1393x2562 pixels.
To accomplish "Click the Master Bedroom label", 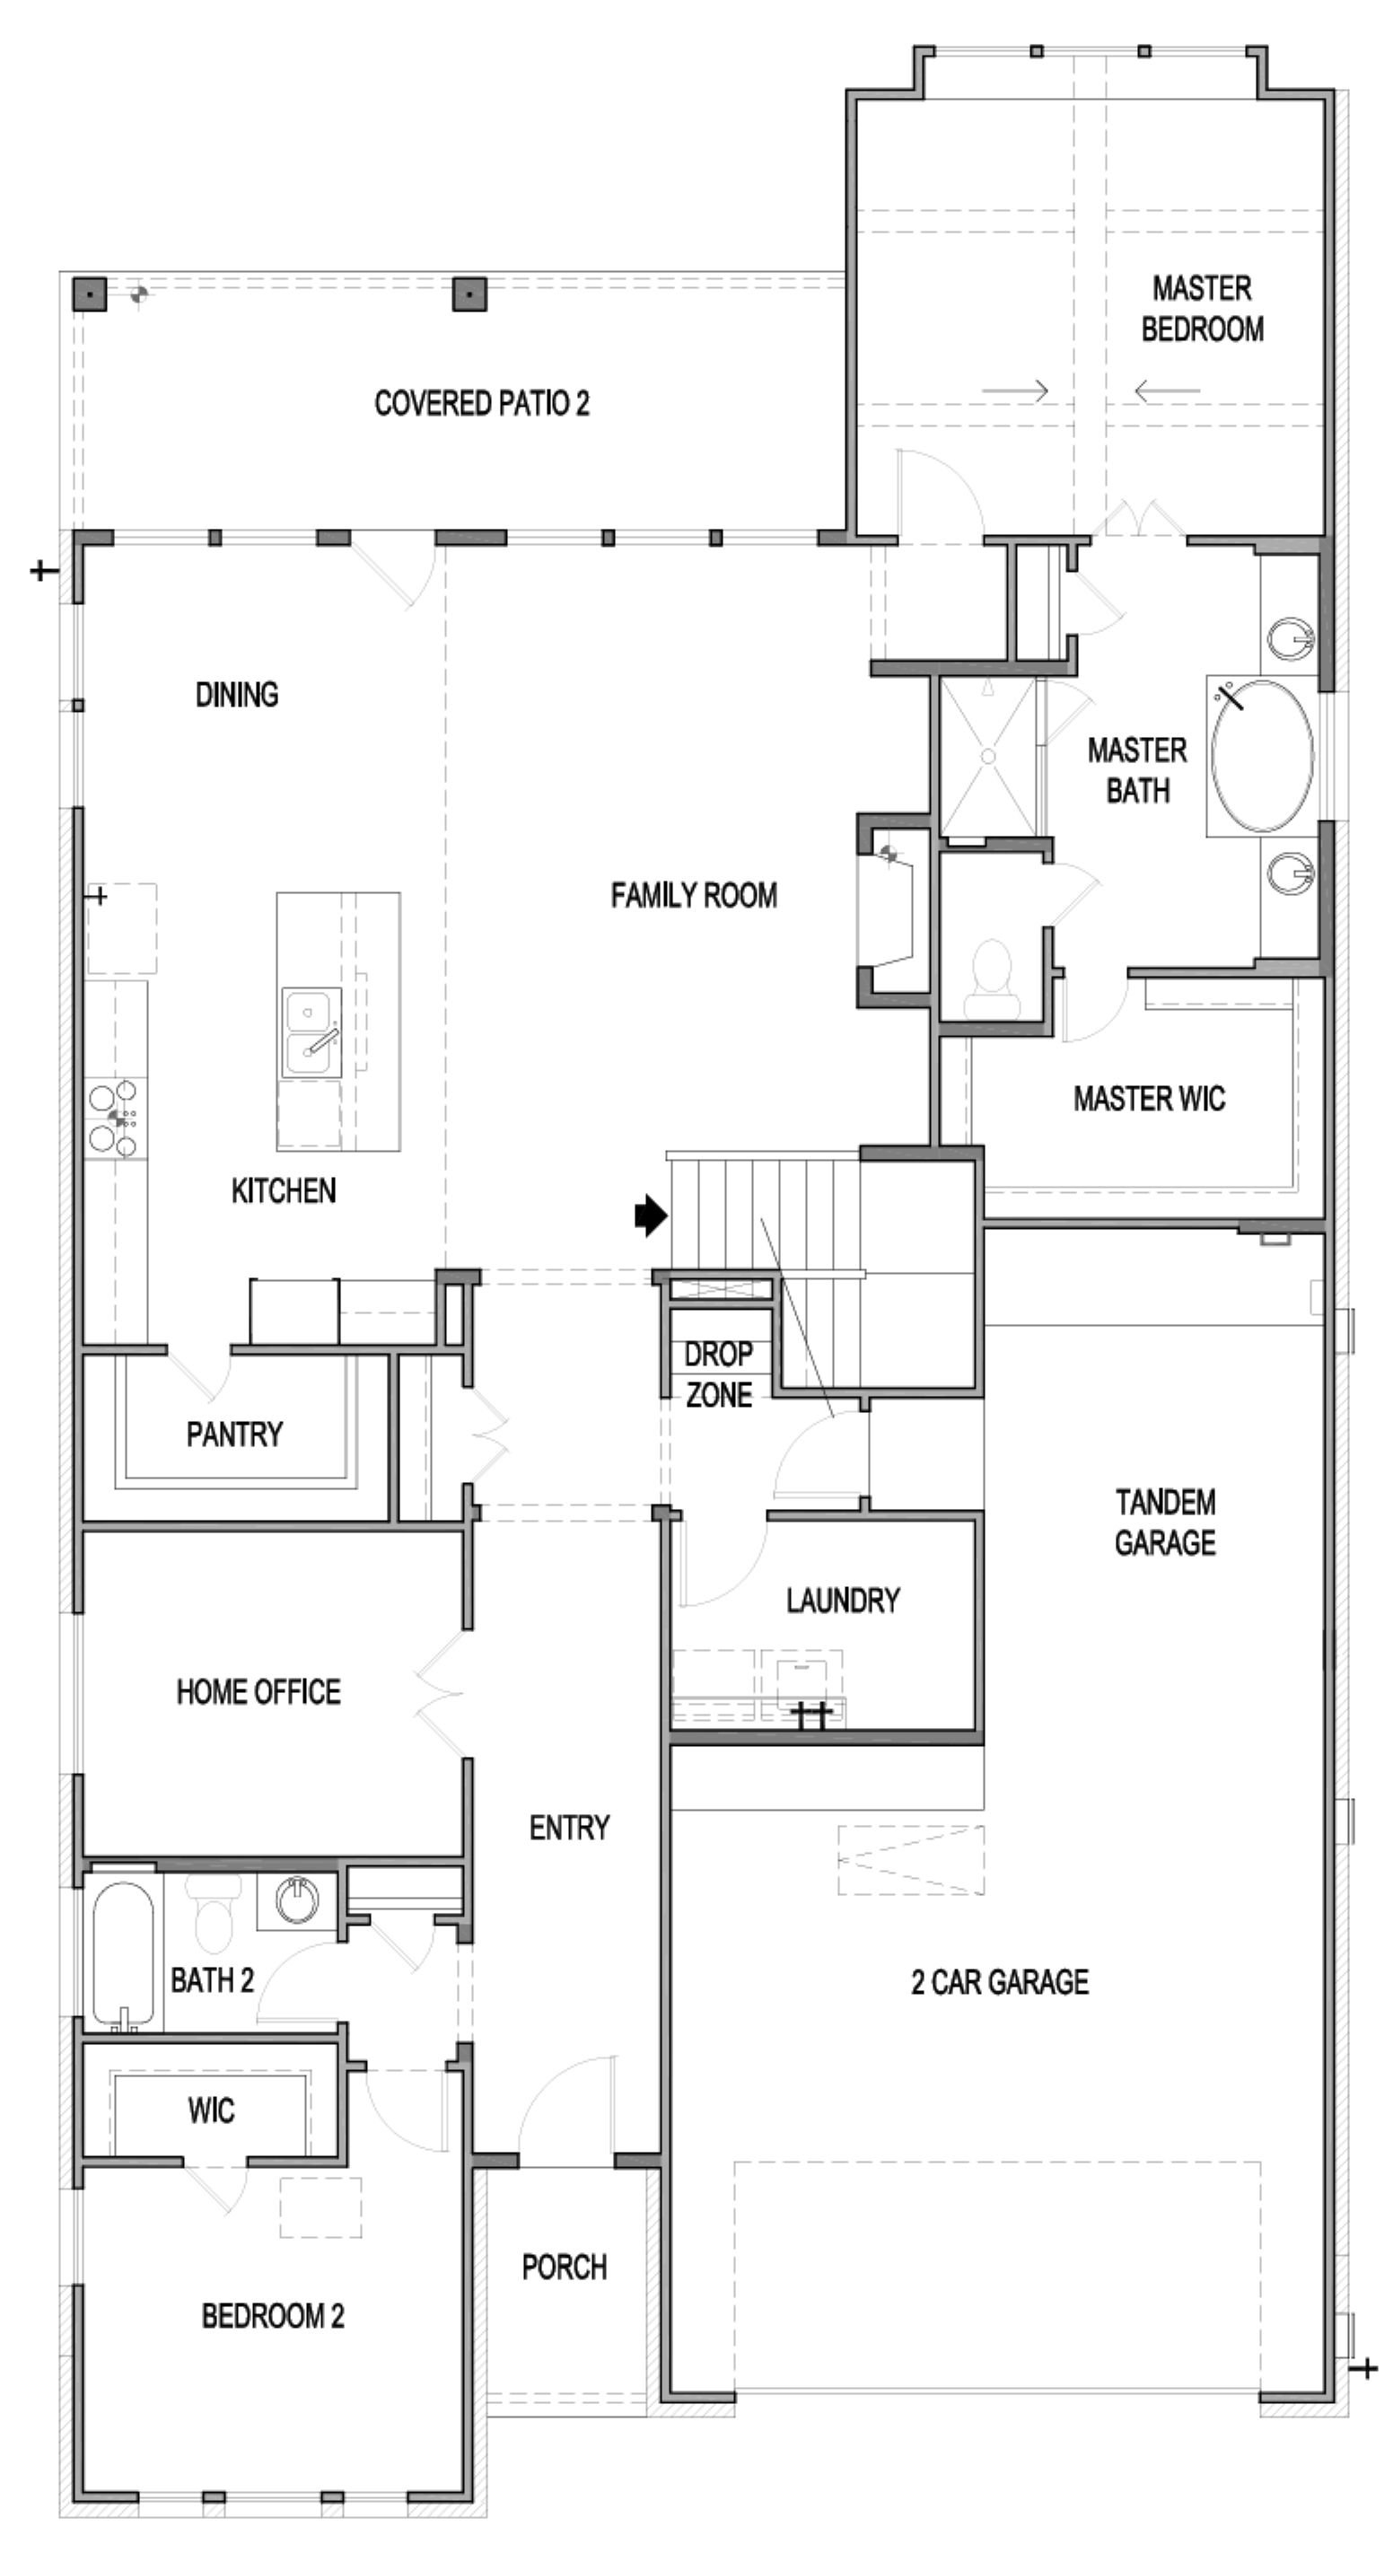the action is click(1202, 308).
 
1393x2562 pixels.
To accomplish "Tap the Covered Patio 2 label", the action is click(481, 403).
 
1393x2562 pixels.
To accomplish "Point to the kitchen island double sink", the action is click(311, 1031).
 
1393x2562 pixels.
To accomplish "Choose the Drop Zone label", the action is click(718, 1373).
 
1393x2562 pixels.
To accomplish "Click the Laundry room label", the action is click(843, 1601).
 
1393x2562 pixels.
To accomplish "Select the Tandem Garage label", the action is click(1164, 1522).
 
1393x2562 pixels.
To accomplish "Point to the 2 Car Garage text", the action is click(999, 1982).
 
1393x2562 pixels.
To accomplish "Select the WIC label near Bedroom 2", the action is click(211, 2110).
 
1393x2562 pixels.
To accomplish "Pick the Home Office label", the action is click(258, 1692).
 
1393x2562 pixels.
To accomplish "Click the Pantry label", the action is click(234, 1435).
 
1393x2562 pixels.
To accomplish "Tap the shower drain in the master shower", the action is click(987, 756).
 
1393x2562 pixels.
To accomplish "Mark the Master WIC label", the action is click(1150, 1098).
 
